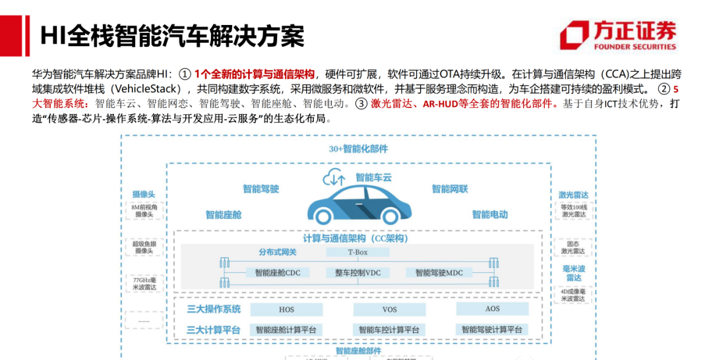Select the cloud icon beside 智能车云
(x=334, y=177)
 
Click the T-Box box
(x=357, y=252)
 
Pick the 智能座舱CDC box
(x=277, y=272)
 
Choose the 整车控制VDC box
(x=357, y=272)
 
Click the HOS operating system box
(x=286, y=309)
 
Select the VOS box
(x=389, y=309)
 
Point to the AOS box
(x=492, y=309)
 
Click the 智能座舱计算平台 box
(x=286, y=329)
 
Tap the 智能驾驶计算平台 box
(x=492, y=329)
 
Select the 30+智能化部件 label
(x=358, y=149)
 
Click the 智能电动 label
(x=489, y=214)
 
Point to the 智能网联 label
(x=450, y=189)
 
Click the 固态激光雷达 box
(x=572, y=247)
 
